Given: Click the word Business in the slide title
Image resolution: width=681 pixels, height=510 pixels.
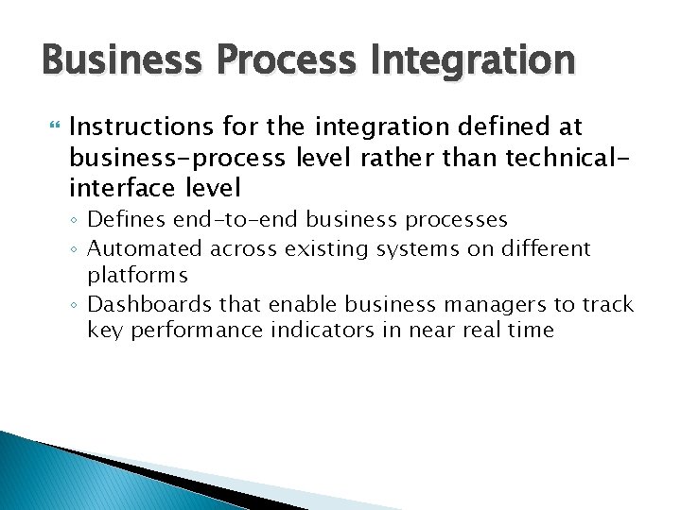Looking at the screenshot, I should pos(113,61).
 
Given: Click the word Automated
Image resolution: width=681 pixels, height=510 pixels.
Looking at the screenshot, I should pos(145,248).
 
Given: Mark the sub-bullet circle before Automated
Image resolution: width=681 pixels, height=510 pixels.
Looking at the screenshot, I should pos(76,250).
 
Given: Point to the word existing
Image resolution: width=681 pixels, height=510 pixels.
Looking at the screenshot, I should pos(323,248).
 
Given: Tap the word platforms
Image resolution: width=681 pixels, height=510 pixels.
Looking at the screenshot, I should pos(138,275).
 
